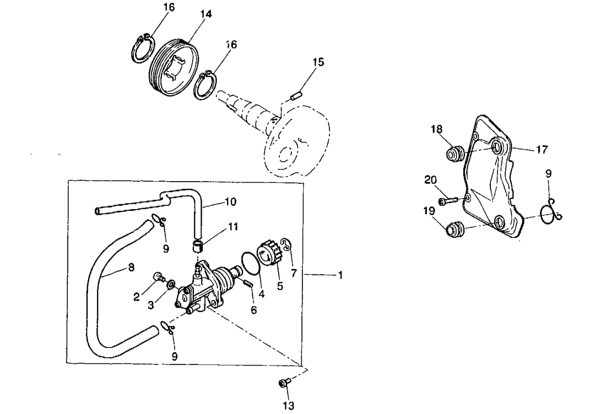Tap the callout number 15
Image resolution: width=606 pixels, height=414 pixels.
(x=318, y=62)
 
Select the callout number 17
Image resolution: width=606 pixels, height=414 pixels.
(x=542, y=149)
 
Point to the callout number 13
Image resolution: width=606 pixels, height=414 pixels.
(x=289, y=406)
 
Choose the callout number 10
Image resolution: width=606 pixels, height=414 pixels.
(x=231, y=202)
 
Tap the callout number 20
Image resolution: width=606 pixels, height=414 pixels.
(x=431, y=179)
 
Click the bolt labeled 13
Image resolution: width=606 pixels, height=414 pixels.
(x=285, y=383)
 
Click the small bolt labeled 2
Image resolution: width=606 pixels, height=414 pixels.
(x=159, y=276)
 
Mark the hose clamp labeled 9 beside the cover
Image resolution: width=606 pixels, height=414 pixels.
(x=551, y=212)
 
